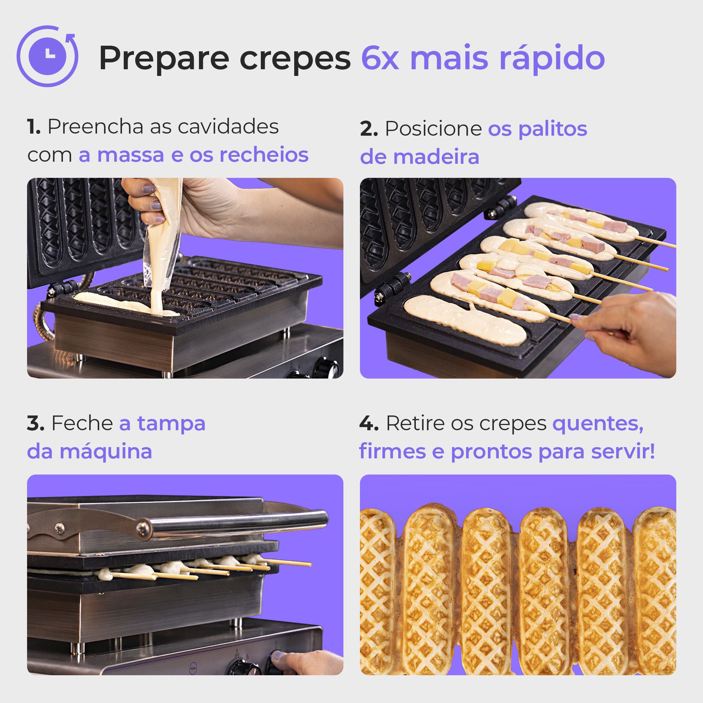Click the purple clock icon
pos(47,56)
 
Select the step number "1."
pos(34,127)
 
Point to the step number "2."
pos(369,129)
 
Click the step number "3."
pos(36,424)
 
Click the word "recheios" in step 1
pos(264,155)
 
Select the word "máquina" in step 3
pos(105,452)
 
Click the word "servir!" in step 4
pos(623,452)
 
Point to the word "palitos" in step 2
pos(552,129)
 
